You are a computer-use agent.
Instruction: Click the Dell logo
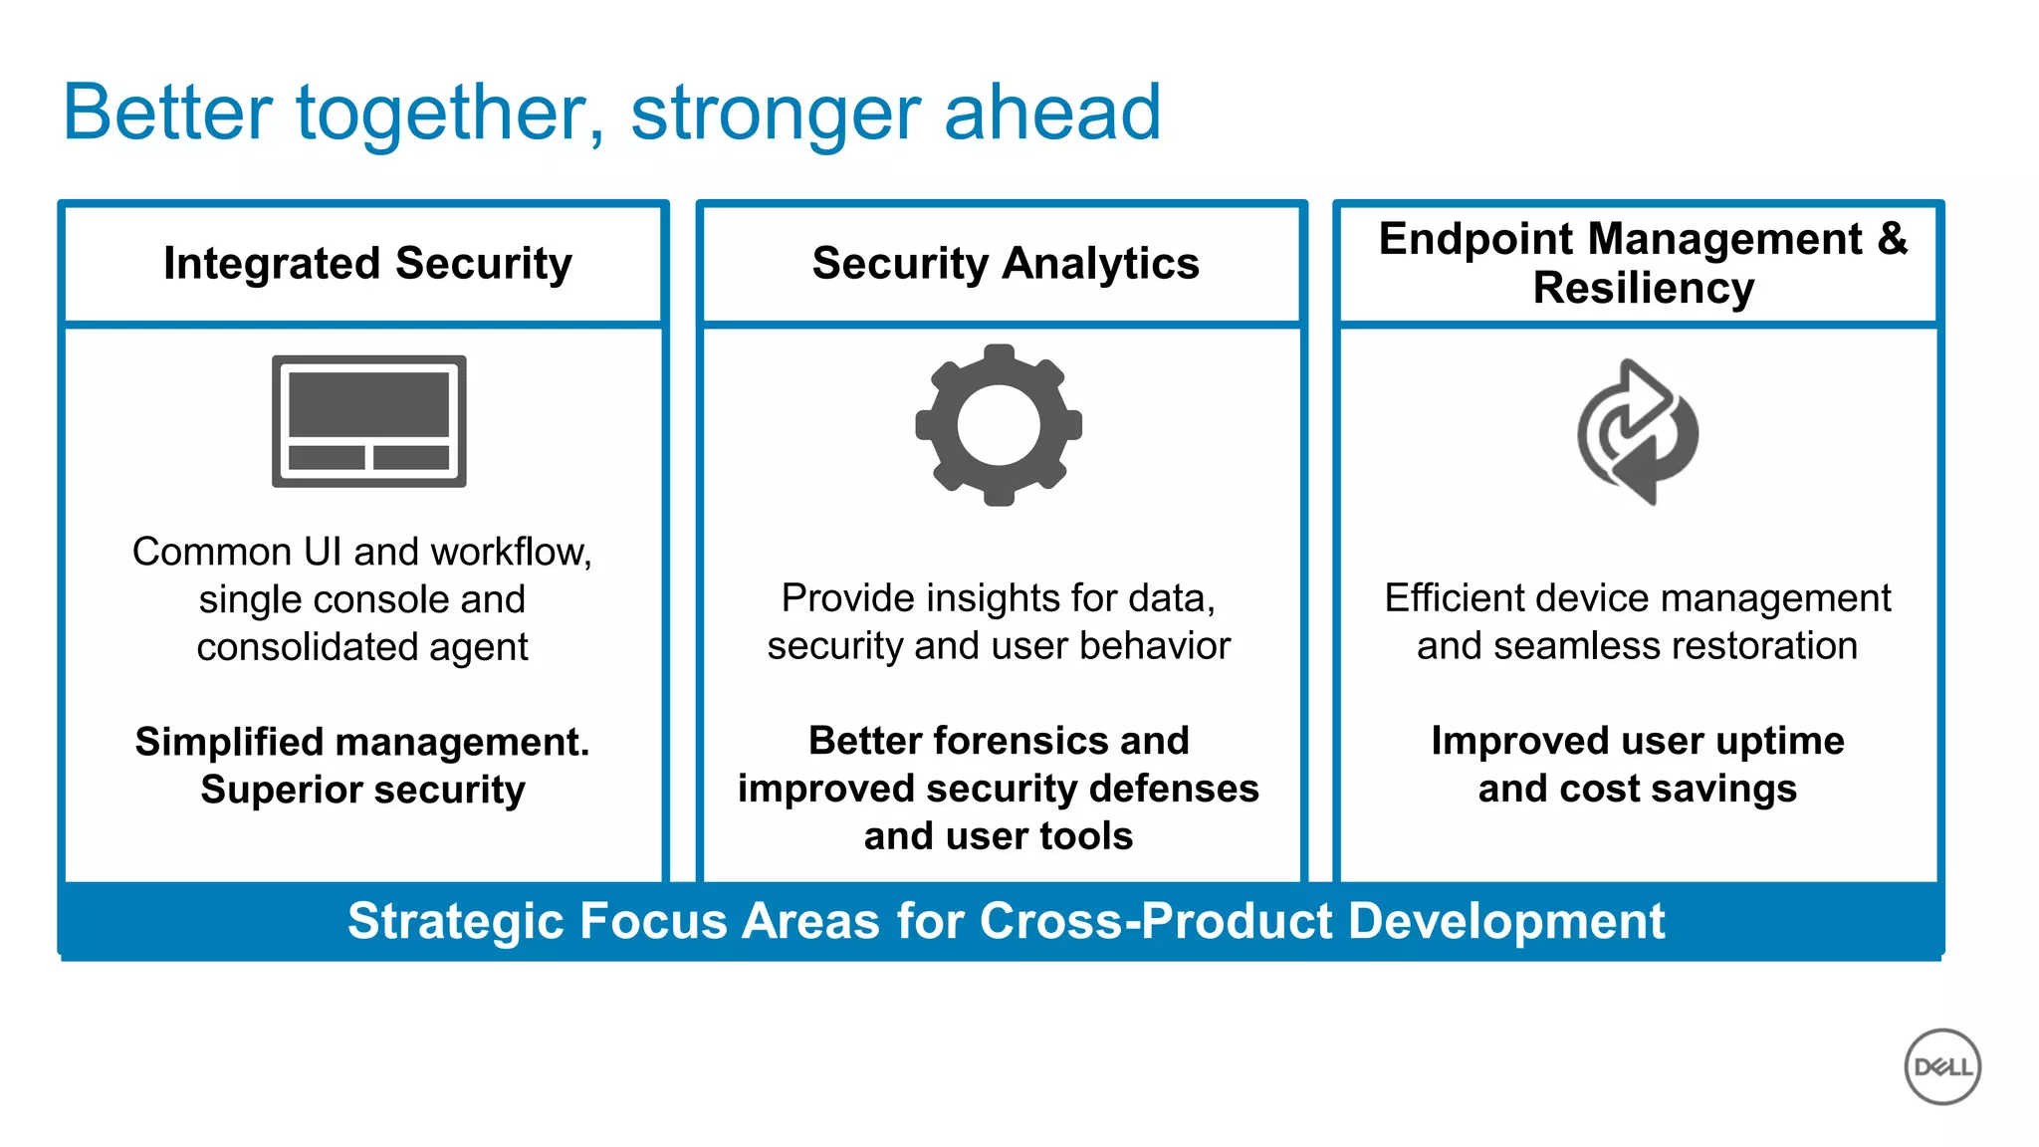[1942, 1066]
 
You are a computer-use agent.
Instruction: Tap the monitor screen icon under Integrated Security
[368, 420]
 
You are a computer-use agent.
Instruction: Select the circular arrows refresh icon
[1638, 432]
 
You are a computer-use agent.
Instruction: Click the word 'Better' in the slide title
[167, 113]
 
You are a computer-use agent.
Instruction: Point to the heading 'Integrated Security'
[367, 264]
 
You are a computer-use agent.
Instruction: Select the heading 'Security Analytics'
[1006, 264]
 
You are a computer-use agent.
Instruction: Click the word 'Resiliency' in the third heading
[1643, 289]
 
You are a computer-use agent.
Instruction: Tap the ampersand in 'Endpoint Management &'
[1893, 239]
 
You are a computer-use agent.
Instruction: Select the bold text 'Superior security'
[362, 790]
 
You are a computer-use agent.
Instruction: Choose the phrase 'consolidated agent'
[362, 647]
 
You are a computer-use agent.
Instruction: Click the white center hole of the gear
[999, 425]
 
